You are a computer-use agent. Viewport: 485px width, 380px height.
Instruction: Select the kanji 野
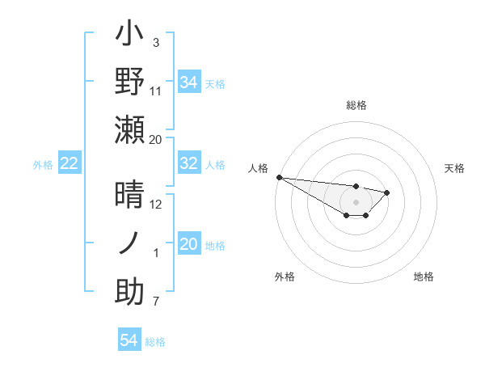point(130,82)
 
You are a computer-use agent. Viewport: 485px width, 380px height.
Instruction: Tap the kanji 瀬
point(130,129)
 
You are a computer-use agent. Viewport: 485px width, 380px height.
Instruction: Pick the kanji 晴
point(130,196)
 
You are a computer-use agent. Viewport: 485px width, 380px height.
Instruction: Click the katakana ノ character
point(130,243)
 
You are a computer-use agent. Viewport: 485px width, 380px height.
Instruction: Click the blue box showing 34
point(189,82)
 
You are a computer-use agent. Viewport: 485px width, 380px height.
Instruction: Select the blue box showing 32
point(189,163)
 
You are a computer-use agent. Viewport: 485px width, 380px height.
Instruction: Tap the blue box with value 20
point(189,244)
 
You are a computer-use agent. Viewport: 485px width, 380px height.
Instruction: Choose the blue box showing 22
point(70,164)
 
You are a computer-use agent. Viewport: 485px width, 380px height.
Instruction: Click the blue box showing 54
point(129,340)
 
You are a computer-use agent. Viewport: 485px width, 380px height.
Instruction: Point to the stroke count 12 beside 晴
point(156,205)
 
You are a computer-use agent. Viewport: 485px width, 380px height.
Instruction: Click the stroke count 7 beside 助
point(156,302)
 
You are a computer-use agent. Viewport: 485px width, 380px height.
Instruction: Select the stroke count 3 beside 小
point(156,42)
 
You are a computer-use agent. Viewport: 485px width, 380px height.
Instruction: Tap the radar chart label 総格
point(356,105)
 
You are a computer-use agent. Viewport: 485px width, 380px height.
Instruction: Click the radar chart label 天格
point(455,168)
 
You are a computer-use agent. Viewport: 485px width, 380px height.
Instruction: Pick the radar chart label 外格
point(285,277)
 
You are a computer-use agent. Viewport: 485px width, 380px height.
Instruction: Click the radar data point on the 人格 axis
point(279,177)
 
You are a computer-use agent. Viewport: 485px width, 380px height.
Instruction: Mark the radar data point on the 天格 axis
point(387,192)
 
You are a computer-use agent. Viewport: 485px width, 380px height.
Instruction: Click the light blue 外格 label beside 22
point(43,165)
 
